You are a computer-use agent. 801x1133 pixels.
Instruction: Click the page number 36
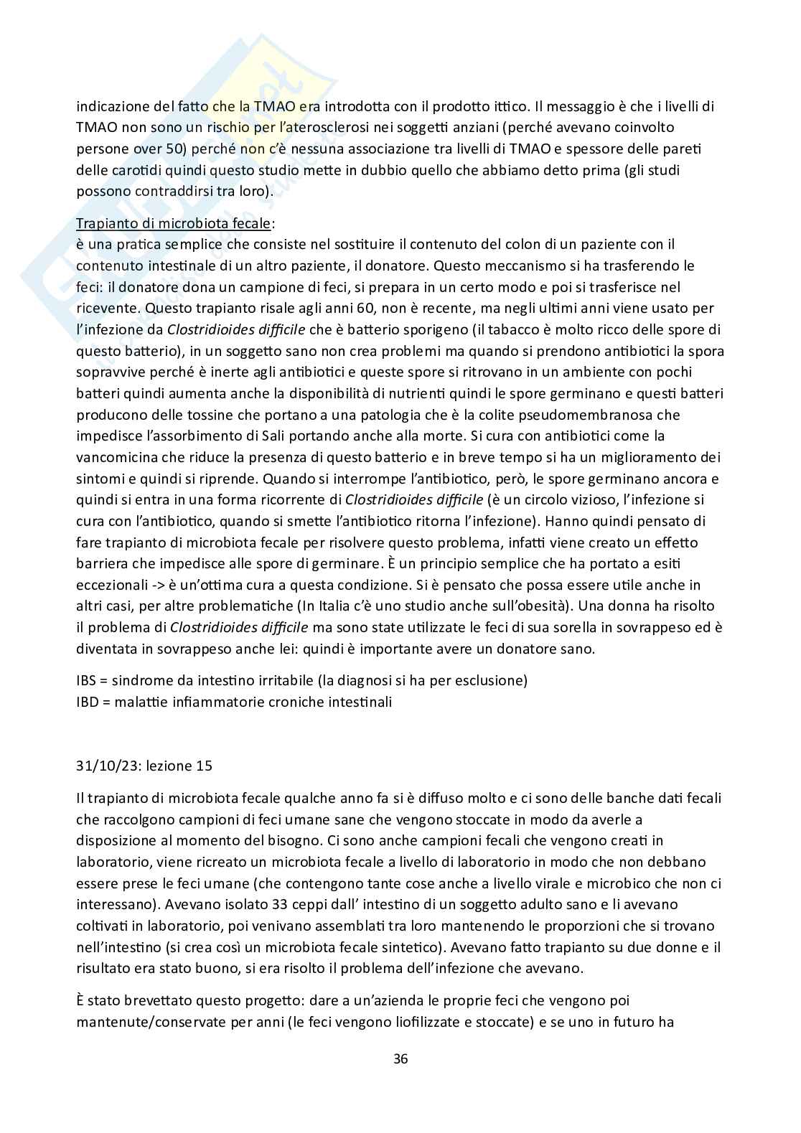[x=400, y=1058]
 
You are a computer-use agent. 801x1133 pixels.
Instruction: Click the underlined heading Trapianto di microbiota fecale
[x=173, y=223]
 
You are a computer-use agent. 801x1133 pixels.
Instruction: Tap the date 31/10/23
[x=108, y=766]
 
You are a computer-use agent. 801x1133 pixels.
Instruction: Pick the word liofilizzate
[x=423, y=1021]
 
